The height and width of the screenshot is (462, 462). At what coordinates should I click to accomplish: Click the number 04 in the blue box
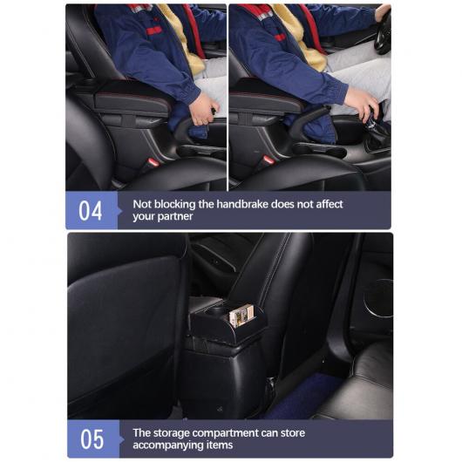pos(90,211)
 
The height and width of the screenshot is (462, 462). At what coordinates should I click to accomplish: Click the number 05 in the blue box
pos(92,439)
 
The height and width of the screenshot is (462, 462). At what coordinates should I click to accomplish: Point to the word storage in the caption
pos(172,433)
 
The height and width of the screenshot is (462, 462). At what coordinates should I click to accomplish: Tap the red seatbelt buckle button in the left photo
pos(153,162)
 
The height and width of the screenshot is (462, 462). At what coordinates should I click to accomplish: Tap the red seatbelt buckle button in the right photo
pos(268,160)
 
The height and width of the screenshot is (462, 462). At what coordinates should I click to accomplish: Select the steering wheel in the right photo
pos(383,32)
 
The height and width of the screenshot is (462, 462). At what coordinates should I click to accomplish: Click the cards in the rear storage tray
pos(241,316)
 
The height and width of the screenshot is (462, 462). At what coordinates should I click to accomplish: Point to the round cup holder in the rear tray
pos(217,310)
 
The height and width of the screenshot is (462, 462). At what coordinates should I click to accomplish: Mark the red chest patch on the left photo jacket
pos(153,31)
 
